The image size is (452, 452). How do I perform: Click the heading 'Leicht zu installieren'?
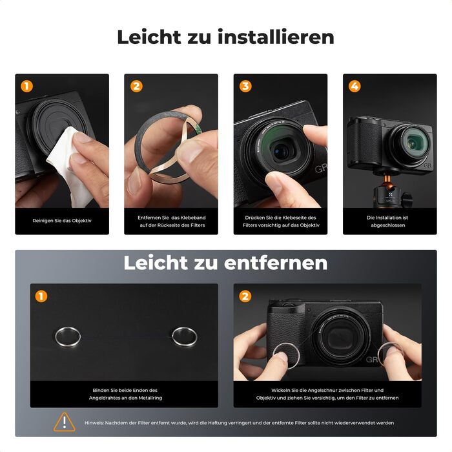click(225, 37)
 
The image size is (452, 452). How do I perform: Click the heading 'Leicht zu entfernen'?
click(225, 263)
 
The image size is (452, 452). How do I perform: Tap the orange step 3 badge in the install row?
click(245, 87)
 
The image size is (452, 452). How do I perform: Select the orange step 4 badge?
click(354, 87)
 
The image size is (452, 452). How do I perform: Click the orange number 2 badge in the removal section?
click(245, 296)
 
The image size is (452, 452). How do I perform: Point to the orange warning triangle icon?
click(65, 422)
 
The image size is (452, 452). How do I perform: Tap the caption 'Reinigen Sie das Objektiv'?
click(62, 221)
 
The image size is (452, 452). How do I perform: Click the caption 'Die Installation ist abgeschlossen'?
click(389, 221)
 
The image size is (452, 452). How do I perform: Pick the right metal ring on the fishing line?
click(184, 336)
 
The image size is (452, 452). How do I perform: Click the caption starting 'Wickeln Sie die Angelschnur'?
click(327, 394)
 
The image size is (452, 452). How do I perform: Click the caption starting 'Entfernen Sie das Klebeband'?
click(171, 221)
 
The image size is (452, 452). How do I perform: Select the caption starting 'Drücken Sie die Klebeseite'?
click(280, 221)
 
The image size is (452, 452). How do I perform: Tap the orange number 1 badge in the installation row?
click(26, 87)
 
